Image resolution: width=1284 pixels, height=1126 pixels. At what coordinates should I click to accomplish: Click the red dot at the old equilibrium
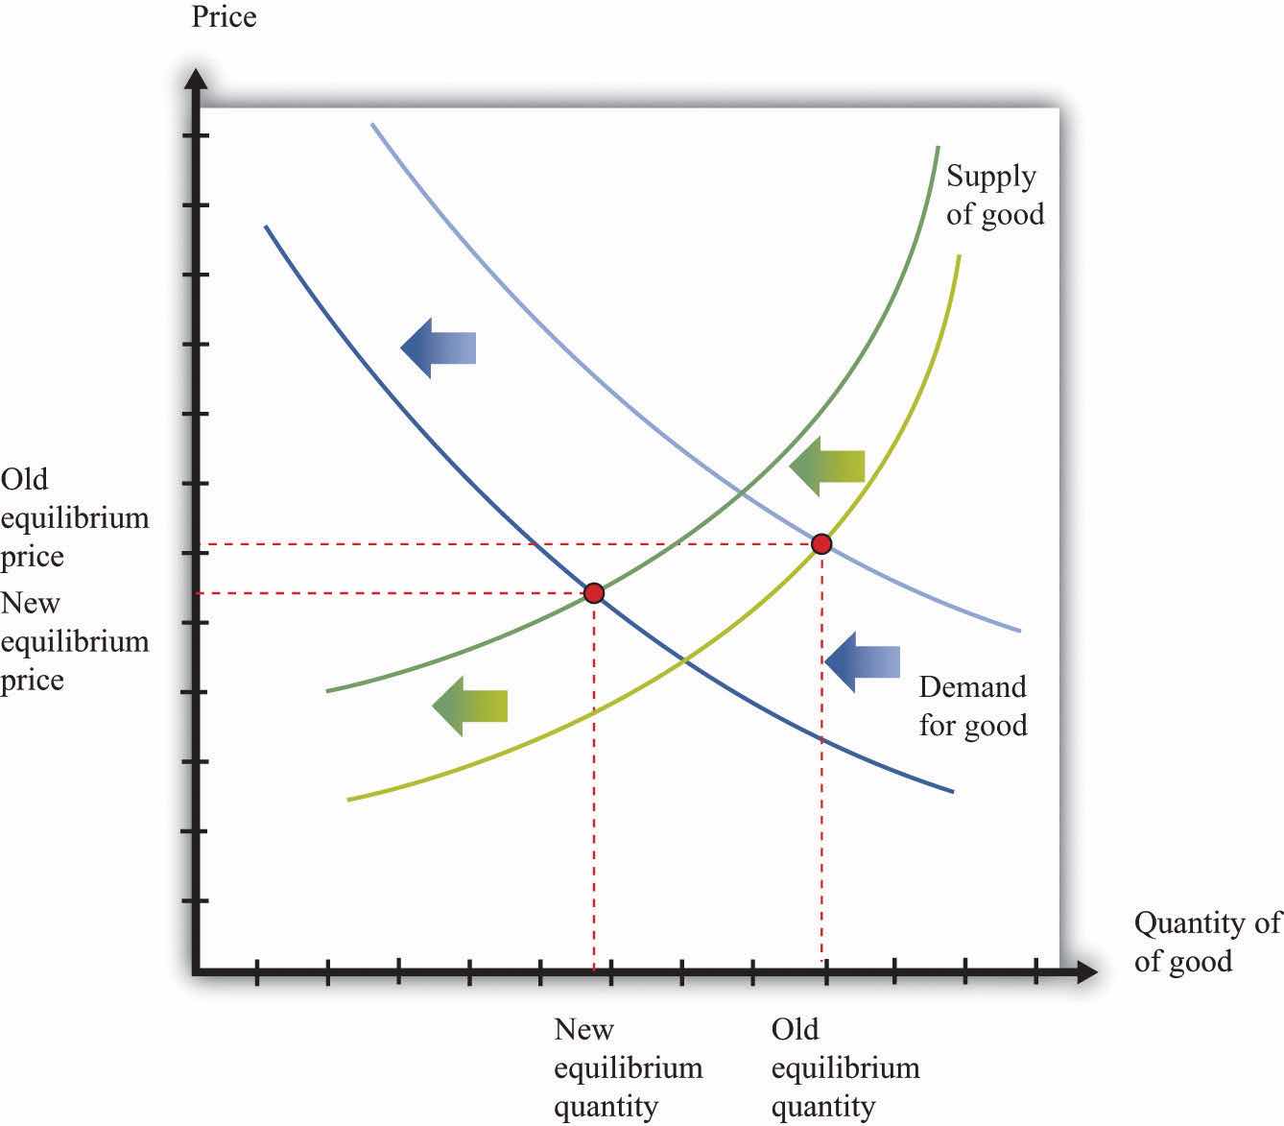click(820, 544)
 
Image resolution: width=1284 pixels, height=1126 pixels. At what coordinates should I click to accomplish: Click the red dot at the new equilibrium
click(594, 593)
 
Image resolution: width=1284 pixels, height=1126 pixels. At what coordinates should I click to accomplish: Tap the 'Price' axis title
click(224, 17)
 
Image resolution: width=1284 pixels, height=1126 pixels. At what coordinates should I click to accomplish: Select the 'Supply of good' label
click(994, 195)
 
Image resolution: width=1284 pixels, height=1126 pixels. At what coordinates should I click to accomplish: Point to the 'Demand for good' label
click(972, 706)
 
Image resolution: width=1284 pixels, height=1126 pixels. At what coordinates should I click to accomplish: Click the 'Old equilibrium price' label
click(75, 517)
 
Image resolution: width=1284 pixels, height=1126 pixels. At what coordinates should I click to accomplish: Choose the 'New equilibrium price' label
click(75, 641)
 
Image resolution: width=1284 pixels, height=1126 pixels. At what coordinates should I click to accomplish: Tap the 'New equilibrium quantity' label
click(628, 1068)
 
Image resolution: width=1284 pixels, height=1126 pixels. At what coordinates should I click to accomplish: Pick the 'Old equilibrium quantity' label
click(844, 1068)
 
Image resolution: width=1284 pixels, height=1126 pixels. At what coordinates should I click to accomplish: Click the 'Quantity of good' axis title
click(1206, 942)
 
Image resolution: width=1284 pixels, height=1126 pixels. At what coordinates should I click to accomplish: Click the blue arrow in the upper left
click(439, 347)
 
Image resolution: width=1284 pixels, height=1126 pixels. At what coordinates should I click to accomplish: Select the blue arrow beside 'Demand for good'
click(863, 661)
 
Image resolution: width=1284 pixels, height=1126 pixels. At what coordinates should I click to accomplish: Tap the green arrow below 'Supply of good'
click(827, 467)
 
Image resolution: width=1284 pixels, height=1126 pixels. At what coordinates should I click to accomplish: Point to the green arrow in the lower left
click(469, 706)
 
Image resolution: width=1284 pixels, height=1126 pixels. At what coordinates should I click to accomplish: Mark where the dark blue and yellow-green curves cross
click(682, 659)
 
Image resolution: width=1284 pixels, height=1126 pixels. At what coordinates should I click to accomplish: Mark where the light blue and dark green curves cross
click(742, 494)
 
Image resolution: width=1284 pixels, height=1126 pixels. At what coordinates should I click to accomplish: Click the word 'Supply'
click(990, 176)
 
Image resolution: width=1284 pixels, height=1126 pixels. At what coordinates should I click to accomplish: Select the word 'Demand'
click(972, 687)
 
